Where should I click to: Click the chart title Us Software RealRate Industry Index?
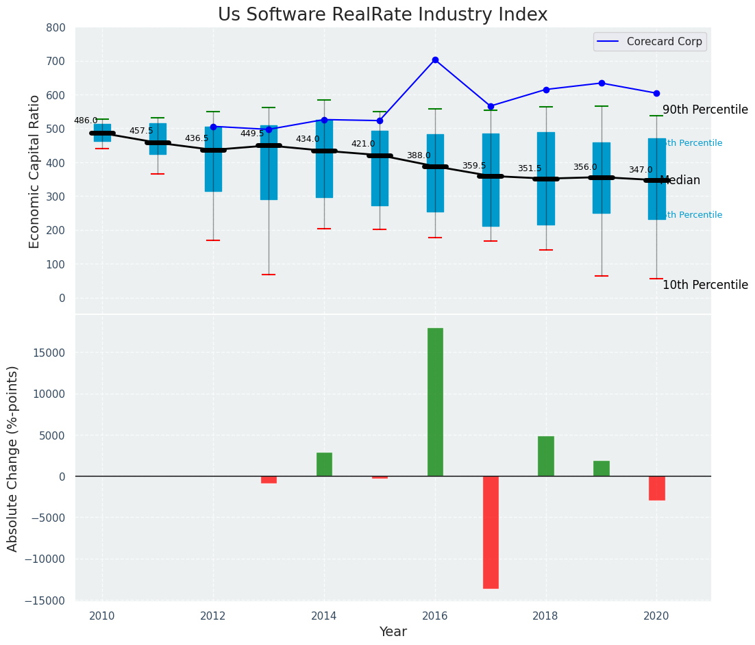point(382,15)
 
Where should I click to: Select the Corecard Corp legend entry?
point(649,42)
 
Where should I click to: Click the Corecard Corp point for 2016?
point(435,60)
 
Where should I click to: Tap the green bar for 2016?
point(435,402)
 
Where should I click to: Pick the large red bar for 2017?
point(491,532)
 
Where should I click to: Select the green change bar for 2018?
point(546,456)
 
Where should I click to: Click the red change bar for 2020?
point(656,488)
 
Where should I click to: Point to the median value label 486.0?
point(86,121)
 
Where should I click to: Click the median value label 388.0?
point(419,155)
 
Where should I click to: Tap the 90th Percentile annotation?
point(705,110)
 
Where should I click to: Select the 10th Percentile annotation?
point(705,286)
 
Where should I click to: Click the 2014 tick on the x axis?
point(324,616)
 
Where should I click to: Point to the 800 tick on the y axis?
point(56,27)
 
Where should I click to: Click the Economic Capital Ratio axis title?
point(35,170)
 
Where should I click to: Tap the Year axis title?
point(393,632)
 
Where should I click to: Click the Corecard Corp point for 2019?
point(602,83)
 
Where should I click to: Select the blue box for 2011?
point(158,139)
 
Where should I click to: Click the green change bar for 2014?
point(324,464)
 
